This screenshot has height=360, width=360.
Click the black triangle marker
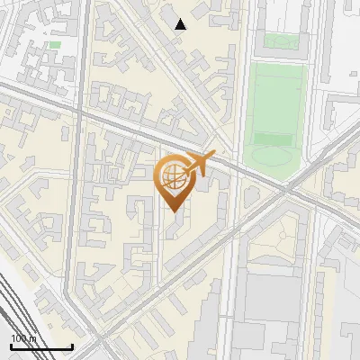pyautogui.click(x=181, y=24)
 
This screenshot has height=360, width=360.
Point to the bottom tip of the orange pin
pyautogui.click(x=172, y=212)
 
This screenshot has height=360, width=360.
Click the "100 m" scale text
pyautogui.click(x=23, y=338)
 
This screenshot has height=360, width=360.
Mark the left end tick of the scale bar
pyautogui.click(x=11, y=346)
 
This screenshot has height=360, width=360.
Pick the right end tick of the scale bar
pyautogui.click(x=73, y=346)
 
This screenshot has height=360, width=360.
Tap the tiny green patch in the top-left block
pyautogui.click(x=55, y=44)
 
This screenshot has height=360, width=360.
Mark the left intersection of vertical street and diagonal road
pyautogui.click(x=82, y=112)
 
